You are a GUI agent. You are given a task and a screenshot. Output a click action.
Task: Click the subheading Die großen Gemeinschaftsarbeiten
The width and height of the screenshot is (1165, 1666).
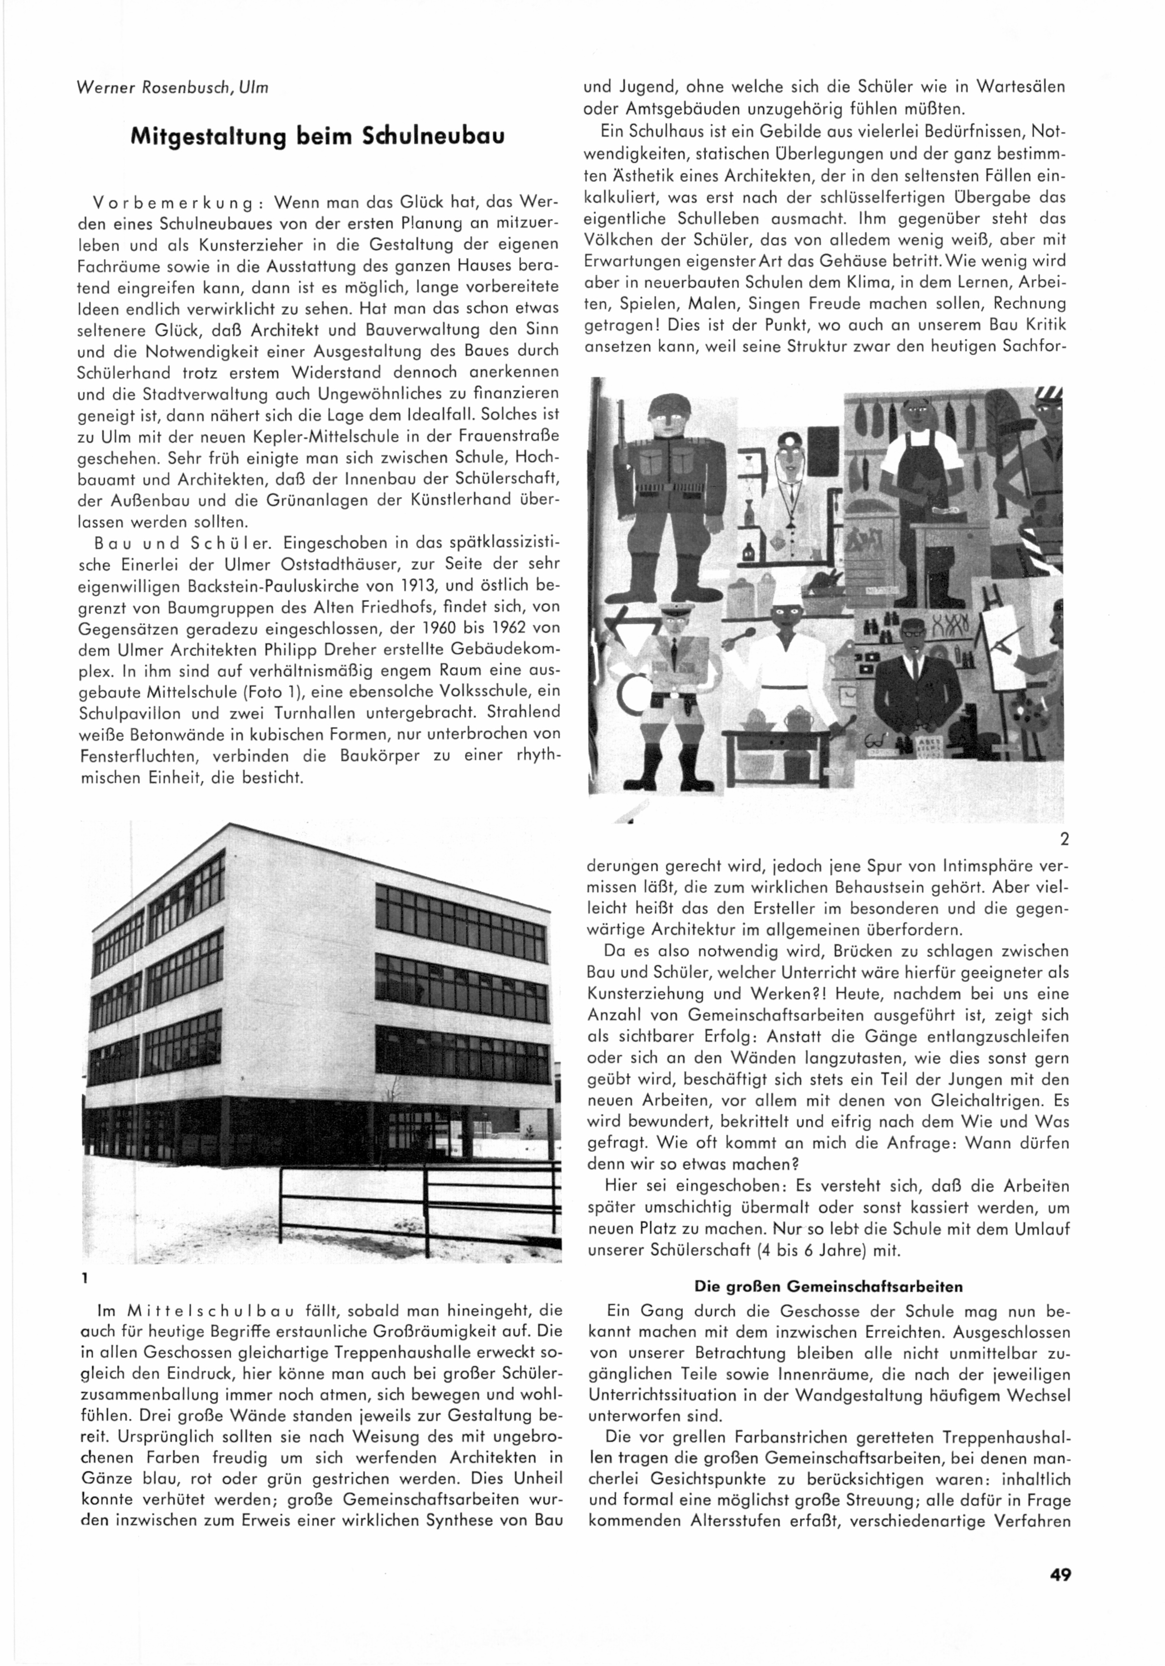[829, 1287]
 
